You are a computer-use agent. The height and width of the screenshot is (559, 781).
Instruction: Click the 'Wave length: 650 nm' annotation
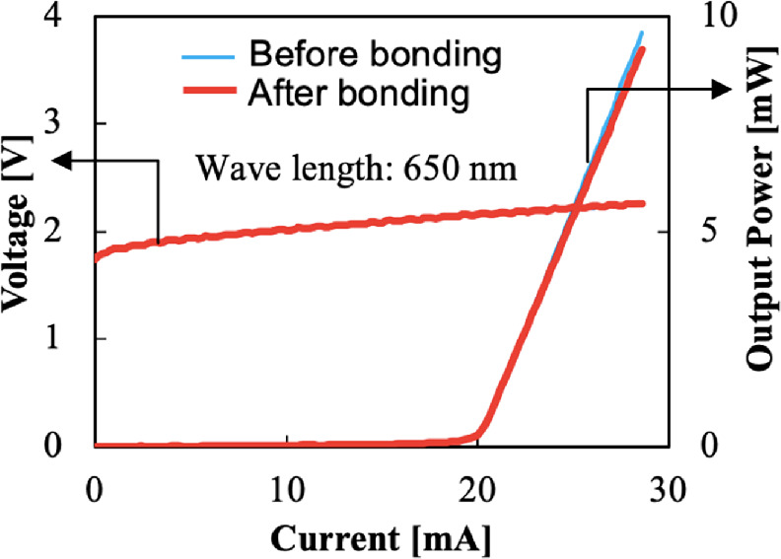pos(356,168)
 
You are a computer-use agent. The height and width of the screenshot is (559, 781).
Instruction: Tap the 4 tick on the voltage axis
pos(68,17)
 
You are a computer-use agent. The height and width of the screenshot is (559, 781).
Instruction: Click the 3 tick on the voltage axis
pos(68,124)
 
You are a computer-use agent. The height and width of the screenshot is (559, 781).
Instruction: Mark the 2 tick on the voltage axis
pos(68,232)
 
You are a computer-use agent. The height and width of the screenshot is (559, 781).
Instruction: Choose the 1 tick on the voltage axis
pos(68,339)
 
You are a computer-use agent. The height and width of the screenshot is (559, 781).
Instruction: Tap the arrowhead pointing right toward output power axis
pos(719,89)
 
